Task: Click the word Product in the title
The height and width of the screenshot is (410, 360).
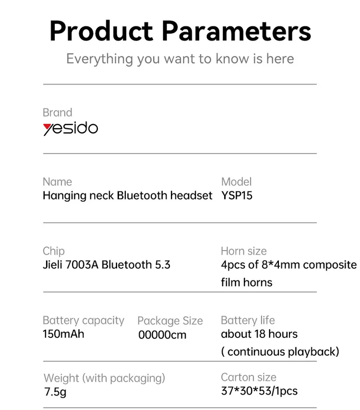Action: [101, 31]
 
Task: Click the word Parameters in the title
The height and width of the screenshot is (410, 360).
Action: [236, 31]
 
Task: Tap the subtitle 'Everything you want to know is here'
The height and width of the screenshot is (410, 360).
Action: [180, 59]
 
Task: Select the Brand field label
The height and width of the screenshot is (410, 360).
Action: [57, 112]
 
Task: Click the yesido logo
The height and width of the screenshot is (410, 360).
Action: [71, 128]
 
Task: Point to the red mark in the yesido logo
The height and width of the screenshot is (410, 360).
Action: [48, 127]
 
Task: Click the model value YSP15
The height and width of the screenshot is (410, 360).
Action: [237, 195]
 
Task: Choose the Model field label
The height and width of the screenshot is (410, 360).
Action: [236, 182]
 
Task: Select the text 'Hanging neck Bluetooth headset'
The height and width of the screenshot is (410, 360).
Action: [127, 196]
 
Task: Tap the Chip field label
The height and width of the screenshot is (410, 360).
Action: [54, 251]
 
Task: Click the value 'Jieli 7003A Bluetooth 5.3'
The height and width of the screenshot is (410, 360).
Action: [107, 265]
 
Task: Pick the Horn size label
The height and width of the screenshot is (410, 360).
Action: [244, 251]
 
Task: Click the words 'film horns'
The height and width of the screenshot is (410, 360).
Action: [247, 282]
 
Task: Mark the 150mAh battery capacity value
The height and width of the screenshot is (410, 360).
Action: [63, 334]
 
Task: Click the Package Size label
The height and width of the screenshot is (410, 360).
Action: [170, 321]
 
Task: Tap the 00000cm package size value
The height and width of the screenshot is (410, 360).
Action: [162, 335]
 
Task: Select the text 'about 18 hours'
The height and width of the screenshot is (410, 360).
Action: [259, 334]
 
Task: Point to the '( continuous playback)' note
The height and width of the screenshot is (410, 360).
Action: [280, 352]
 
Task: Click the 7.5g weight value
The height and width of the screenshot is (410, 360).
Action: [55, 392]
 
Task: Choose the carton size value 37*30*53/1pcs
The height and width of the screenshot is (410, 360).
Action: [259, 391]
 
